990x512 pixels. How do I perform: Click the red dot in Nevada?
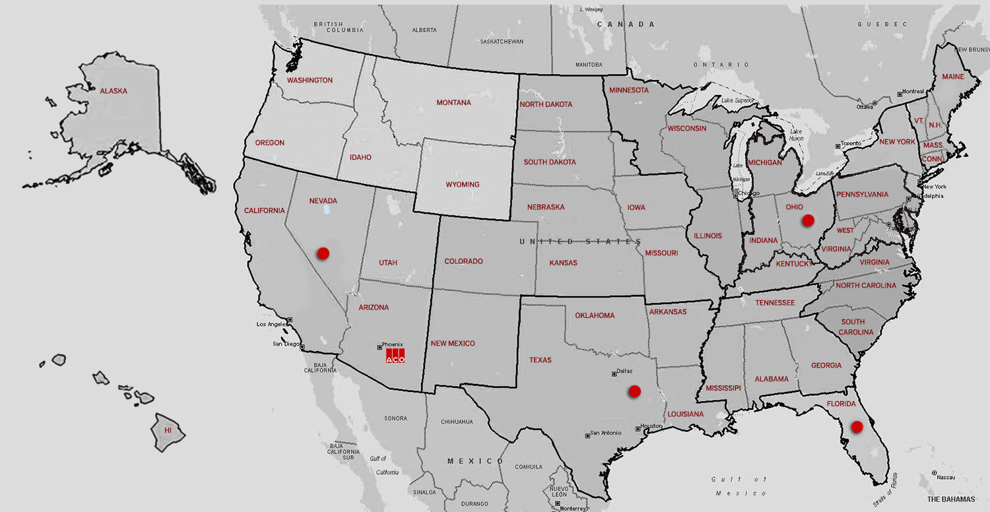(x=323, y=253)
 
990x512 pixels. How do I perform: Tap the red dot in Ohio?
(x=807, y=220)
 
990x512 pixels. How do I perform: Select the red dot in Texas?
(x=634, y=391)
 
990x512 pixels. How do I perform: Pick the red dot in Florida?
(x=857, y=427)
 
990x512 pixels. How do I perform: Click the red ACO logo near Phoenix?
(x=395, y=356)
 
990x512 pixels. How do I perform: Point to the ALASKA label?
(x=114, y=91)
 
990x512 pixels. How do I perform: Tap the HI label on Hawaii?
(x=168, y=430)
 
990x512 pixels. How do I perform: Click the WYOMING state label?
(x=463, y=184)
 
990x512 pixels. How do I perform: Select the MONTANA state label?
(x=453, y=103)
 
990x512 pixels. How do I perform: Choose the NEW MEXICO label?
(x=453, y=343)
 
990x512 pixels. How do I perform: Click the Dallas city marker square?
(x=614, y=374)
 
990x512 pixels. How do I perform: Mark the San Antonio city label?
(x=607, y=433)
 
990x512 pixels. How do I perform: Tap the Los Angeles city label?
(x=272, y=325)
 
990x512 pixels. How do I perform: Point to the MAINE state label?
(x=952, y=77)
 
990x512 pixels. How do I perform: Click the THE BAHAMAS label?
(x=951, y=499)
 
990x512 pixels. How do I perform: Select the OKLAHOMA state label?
(x=595, y=315)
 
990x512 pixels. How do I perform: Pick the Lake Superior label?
(x=737, y=100)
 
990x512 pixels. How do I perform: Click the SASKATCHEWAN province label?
(x=502, y=42)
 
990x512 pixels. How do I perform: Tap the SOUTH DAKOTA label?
(x=550, y=162)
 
